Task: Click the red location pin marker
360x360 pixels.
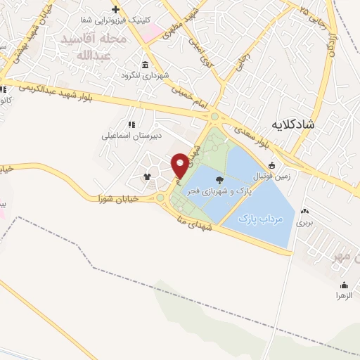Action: click(x=180, y=165)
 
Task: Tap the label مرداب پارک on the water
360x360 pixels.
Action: click(x=259, y=219)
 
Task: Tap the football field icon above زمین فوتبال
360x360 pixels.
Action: click(x=272, y=165)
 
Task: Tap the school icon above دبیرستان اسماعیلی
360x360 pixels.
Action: click(x=131, y=124)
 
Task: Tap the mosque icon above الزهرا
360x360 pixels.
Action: click(x=344, y=285)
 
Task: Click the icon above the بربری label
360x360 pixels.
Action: click(x=304, y=211)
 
